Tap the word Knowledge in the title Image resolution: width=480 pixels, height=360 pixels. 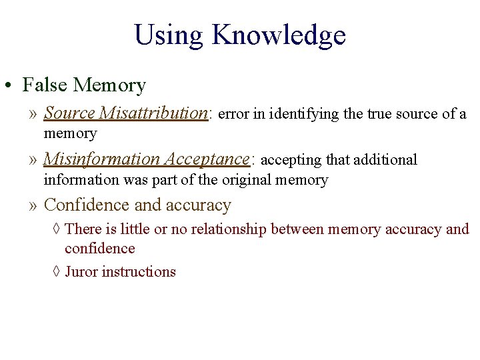click(279, 35)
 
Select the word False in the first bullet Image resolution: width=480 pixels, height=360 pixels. click(45, 85)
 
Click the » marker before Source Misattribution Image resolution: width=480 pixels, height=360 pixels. click(34, 114)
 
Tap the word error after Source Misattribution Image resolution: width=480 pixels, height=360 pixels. click(233, 114)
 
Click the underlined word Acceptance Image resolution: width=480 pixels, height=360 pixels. click(206, 159)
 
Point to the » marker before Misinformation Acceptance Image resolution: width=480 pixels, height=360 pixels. click(34, 160)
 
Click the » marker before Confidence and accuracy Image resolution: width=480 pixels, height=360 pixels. click(34, 205)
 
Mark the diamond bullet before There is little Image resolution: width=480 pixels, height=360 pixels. click(56, 229)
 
